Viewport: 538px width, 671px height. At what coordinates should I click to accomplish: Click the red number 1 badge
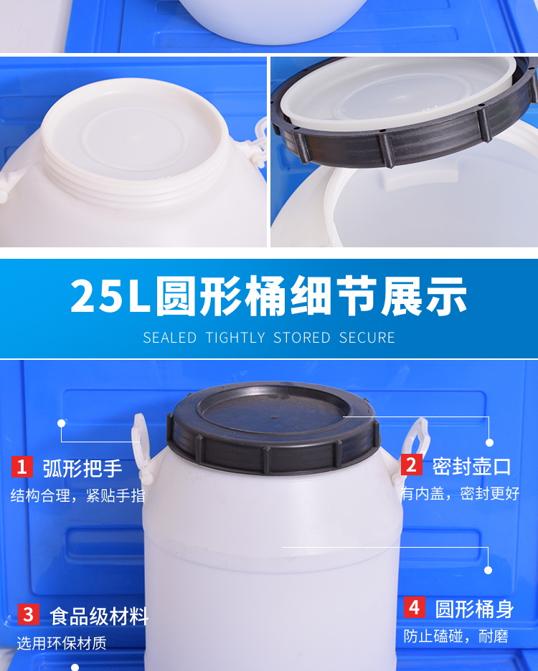[x=22, y=467]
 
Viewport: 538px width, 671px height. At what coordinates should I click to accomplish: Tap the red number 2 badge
[x=412, y=465]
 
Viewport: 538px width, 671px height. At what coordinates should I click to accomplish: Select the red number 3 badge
[x=28, y=614]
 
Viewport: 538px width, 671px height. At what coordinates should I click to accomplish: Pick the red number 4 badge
[x=415, y=607]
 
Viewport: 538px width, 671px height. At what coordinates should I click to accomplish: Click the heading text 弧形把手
[x=82, y=468]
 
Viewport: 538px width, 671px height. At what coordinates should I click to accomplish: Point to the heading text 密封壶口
[x=471, y=466]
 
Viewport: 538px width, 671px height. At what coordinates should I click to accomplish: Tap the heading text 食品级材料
[x=99, y=617]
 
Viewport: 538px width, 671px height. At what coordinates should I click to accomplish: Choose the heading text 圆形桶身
[x=475, y=609]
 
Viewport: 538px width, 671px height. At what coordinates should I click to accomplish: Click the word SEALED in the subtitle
[x=169, y=338]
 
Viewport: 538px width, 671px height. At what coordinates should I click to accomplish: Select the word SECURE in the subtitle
[x=367, y=338]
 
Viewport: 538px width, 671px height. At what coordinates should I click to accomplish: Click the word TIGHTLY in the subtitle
[x=235, y=338]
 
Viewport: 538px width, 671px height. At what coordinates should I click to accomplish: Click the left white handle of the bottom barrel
[x=141, y=445]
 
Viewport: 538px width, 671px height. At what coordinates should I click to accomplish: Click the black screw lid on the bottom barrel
[x=273, y=428]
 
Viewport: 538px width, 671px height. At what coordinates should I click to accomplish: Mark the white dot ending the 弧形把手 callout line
[x=61, y=423]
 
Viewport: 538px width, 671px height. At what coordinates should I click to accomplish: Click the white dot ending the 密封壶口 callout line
[x=489, y=442]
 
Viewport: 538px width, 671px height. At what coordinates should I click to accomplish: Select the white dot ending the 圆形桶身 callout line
[x=488, y=570]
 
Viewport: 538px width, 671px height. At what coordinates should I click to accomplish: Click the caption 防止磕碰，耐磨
[x=456, y=636]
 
